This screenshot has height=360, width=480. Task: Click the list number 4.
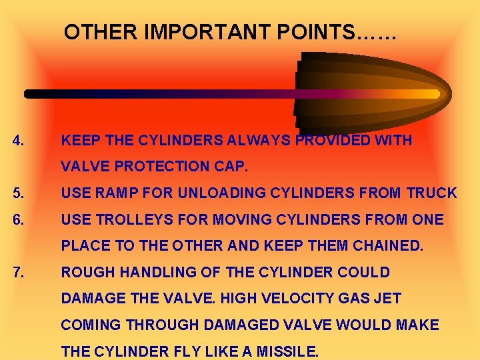pyautogui.click(x=19, y=141)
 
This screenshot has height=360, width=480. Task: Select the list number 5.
pyautogui.click(x=19, y=194)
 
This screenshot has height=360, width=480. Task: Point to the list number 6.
pyautogui.click(x=19, y=219)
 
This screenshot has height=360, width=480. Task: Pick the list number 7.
pyautogui.click(x=19, y=272)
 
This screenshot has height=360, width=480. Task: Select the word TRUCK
pyautogui.click(x=431, y=194)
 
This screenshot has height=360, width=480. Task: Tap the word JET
pyautogui.click(x=387, y=299)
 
